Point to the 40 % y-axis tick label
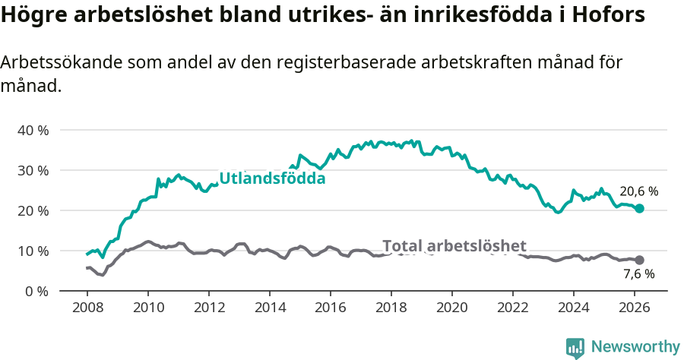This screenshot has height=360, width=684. pos(33,130)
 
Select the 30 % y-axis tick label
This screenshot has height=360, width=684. pos(33,170)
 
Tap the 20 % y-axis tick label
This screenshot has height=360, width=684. pos(33,210)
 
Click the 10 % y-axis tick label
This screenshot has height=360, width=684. pos(33,251)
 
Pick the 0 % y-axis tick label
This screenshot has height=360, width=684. pos(36,291)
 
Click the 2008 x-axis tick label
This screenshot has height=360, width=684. pos(87,308)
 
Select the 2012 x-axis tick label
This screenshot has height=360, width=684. pos(209,308)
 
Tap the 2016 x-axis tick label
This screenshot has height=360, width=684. pos(331,308)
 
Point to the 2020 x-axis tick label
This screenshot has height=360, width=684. pos(452,308)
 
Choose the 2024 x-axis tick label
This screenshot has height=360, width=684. pos(574,308)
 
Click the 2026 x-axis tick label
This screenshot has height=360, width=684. pos(635,308)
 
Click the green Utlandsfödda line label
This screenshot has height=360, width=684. pos(272,179)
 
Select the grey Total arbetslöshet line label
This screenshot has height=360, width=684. pos(454,245)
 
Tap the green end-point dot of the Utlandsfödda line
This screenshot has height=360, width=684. pos(639,209)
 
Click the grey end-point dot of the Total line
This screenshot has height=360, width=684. pos(639,260)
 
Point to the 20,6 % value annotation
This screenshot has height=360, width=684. pos(638,191)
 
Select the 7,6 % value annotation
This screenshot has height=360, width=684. pos(638,274)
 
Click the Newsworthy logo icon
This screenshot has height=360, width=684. pos(575,348)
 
